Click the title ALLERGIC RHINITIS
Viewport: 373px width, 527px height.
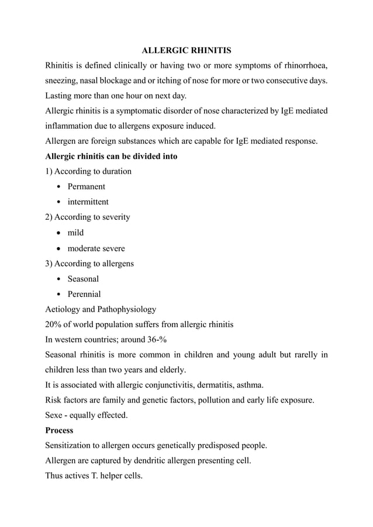(186, 51)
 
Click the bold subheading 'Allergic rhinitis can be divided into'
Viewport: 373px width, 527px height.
(111, 156)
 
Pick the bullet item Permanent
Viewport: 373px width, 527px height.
(86, 186)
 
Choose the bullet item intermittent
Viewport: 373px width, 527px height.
(88, 202)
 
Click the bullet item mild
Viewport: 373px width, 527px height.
(75, 233)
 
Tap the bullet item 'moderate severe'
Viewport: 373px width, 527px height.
(96, 248)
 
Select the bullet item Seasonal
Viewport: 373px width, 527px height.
(83, 279)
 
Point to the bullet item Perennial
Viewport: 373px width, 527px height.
(84, 294)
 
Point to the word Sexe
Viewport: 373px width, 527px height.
(56, 415)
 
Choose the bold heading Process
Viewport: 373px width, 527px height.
(59, 431)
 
